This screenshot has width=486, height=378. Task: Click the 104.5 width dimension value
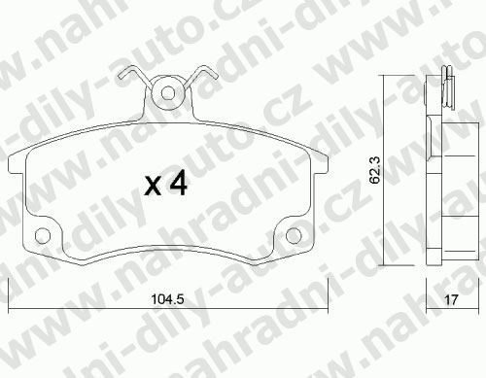point(167,298)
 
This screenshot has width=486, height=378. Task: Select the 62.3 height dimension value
point(375,170)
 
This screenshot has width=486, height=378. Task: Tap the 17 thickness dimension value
point(451,299)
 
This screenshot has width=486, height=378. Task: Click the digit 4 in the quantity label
point(177,183)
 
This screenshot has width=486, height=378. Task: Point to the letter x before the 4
point(153,187)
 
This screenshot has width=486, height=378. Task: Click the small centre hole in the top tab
point(168,93)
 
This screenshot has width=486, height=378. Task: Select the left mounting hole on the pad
point(43,235)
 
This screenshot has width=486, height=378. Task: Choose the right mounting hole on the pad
point(294,235)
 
